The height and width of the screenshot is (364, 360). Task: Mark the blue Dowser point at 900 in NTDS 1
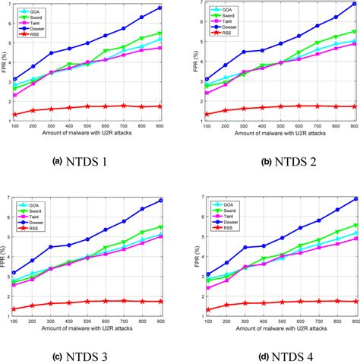159,8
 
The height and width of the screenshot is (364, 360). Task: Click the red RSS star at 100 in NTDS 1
14,115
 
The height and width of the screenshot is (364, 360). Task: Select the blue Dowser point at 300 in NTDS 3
51,247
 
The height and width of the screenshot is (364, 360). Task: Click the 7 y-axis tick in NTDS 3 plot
8,198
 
